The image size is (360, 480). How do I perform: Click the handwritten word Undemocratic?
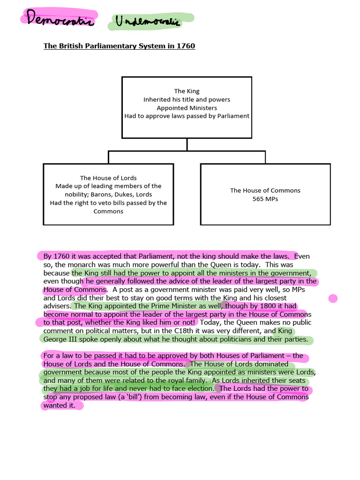pos(150,21)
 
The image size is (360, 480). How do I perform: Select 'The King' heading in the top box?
pos(187,91)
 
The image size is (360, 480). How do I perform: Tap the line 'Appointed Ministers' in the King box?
pos(187,108)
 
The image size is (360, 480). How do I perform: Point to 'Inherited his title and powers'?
pos(187,99)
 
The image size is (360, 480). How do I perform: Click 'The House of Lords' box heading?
pos(108,178)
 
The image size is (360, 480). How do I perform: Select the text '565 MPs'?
pos(265,199)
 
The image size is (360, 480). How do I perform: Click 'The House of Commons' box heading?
pos(265,190)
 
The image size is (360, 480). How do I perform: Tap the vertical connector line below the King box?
pos(187,144)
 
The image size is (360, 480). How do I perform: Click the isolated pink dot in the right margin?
pos(333,298)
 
